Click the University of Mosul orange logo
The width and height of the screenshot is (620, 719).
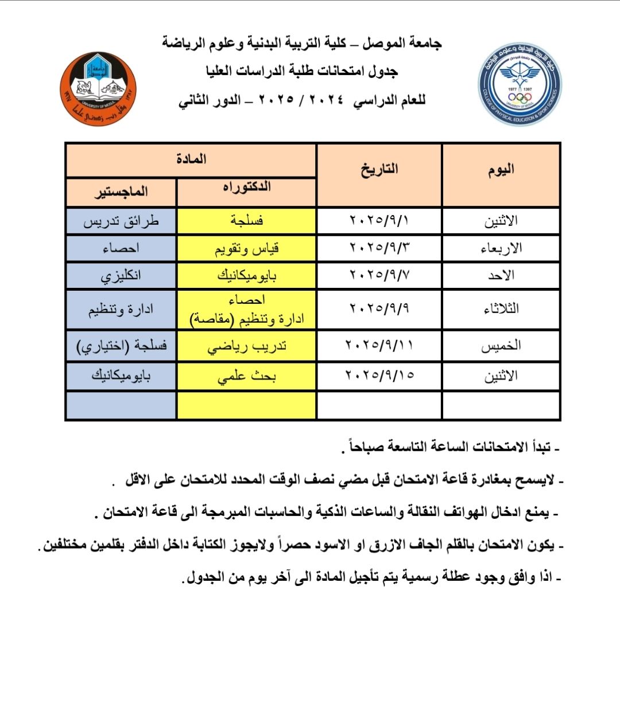(98, 89)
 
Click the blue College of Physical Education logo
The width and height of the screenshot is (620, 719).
(520, 85)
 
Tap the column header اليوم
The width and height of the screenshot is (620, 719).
(501, 170)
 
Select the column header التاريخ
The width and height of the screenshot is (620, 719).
(379, 170)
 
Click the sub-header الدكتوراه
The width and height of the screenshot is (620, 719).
(247, 188)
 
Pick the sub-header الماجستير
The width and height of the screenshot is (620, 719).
(121, 192)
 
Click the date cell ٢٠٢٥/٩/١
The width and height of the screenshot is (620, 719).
(379, 221)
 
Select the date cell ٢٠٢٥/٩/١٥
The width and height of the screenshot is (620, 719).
(379, 376)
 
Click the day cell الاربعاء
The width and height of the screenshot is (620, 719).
(501, 249)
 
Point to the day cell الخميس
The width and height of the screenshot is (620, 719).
(501, 346)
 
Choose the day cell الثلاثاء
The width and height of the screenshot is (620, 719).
(501, 309)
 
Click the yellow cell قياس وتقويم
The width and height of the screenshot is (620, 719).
(247, 249)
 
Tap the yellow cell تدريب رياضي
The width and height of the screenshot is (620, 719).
(247, 346)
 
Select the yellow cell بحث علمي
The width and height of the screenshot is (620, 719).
(247, 376)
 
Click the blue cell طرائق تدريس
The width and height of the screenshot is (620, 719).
(121, 221)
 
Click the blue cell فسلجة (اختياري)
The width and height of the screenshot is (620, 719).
(121, 346)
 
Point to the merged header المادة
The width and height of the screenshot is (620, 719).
(191, 159)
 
